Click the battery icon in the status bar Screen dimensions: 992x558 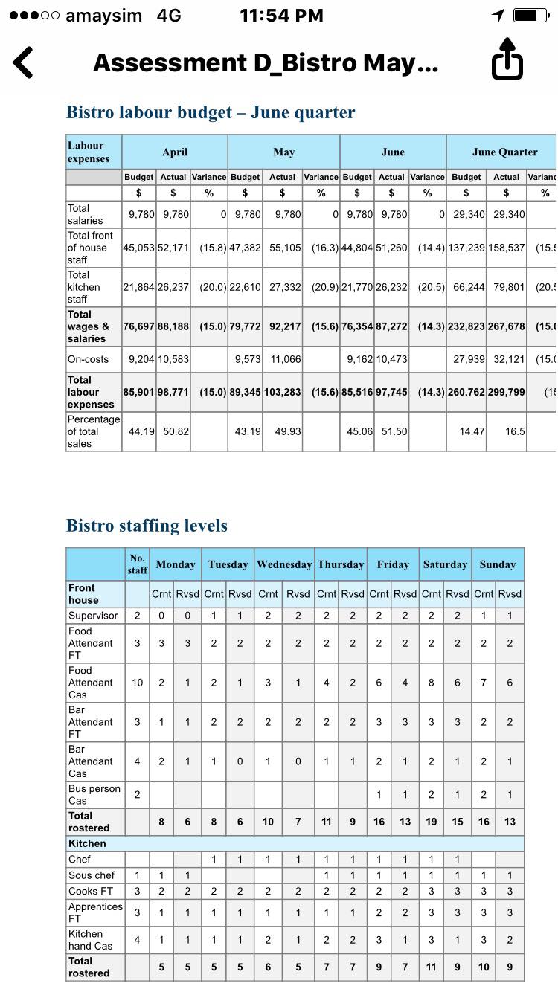coord(530,16)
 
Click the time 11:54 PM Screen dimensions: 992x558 coord(281,16)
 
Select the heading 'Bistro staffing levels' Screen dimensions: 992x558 coord(147,526)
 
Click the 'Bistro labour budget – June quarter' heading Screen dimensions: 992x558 coord(211,112)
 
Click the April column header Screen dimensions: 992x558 coord(175,152)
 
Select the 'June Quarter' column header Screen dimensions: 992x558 coord(504,152)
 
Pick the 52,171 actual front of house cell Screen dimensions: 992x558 coord(173,248)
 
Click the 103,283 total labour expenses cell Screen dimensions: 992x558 coord(283,392)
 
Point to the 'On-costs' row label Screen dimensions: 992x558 coord(89,359)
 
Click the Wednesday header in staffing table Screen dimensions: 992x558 coord(284,564)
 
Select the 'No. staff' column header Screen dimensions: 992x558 coord(137,564)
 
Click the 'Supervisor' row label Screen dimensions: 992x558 coord(93,616)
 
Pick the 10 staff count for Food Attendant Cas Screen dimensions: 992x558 coord(138,683)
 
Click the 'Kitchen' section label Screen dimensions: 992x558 coord(88,843)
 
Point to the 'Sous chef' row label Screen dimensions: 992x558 coord(92,875)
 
